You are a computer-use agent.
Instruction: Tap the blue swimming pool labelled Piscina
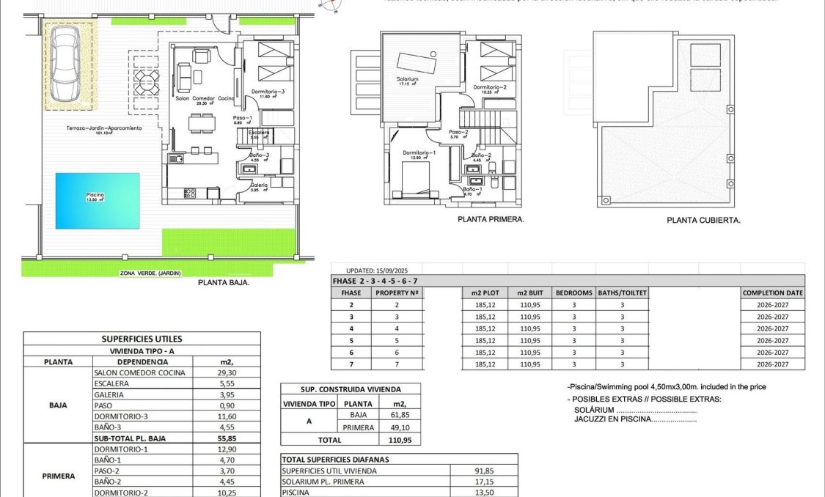point(98,199)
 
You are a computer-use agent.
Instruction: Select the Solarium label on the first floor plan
point(408,79)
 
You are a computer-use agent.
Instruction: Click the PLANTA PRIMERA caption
point(490,219)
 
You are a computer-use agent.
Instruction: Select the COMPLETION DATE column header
point(772,292)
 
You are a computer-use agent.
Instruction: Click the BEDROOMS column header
point(573,292)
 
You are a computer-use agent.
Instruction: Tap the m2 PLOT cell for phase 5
point(485,341)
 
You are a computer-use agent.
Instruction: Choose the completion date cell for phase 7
point(772,364)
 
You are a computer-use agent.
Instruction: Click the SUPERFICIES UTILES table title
point(142,339)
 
